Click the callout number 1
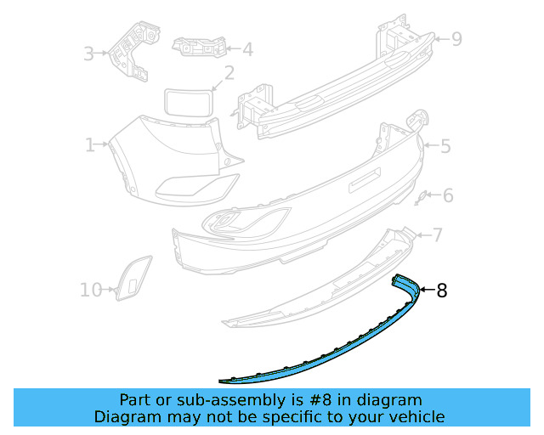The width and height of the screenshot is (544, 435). (x=89, y=145)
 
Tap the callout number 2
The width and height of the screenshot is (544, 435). (x=229, y=74)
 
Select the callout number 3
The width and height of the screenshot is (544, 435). (x=89, y=54)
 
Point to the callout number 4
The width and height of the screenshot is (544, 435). (x=247, y=50)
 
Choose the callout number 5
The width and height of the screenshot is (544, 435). (x=445, y=146)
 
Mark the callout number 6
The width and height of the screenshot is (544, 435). (x=448, y=196)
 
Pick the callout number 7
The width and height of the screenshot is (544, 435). (x=437, y=234)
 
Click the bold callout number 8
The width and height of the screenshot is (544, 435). (x=441, y=291)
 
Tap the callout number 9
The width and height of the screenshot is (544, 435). (x=456, y=39)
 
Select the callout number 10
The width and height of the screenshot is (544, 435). (x=91, y=290)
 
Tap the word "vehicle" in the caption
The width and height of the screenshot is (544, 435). (x=414, y=416)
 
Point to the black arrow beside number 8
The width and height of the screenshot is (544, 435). (x=427, y=291)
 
